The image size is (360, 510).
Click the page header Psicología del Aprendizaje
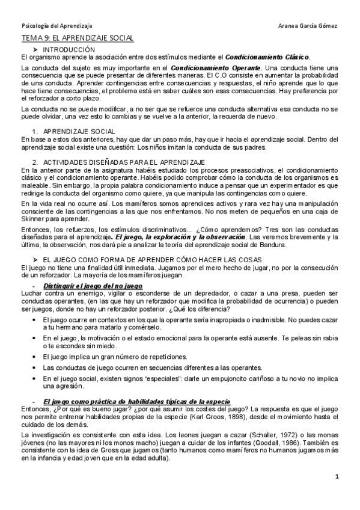coord(48,26)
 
